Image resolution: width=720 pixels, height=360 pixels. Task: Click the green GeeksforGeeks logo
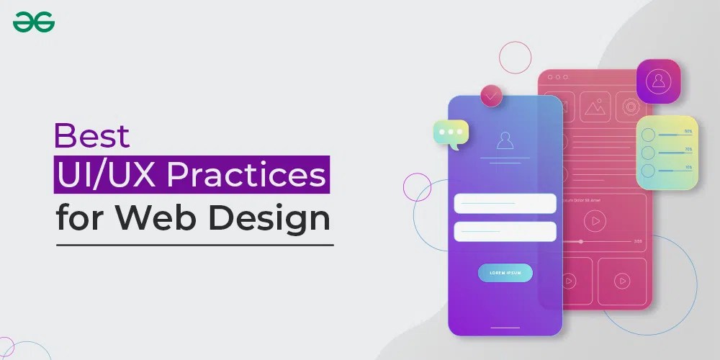(34, 23)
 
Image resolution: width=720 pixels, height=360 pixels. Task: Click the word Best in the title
(93, 135)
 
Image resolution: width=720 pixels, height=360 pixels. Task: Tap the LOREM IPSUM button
(505, 273)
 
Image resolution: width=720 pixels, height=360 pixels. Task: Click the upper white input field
(505, 203)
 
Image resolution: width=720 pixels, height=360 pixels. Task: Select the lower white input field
(505, 231)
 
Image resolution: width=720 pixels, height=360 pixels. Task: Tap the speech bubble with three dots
(451, 133)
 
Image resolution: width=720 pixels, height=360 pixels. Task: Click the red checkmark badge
(492, 95)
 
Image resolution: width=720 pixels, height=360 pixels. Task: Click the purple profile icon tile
(658, 81)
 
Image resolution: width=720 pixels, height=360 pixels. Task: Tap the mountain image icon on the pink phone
(595, 107)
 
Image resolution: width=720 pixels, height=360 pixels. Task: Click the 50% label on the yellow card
(688, 132)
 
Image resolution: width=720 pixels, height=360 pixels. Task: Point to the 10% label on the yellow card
(688, 167)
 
